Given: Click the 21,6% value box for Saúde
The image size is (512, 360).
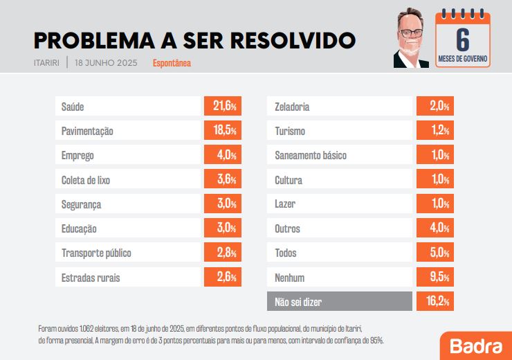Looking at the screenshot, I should coord(223,107).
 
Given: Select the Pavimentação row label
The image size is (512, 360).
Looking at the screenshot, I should coord(128,131).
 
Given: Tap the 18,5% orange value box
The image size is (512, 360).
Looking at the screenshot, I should coord(223,131).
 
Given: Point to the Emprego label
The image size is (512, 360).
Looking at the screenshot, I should coord(128,156).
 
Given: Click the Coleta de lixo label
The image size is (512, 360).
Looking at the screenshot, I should coord(128,180).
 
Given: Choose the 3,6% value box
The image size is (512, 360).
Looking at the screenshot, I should coord(223,180).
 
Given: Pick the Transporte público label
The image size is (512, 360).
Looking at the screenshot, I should coord(128,253).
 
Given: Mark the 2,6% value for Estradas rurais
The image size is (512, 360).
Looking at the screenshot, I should coord(223,278).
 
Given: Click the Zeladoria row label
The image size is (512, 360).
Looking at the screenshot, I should coord(340,107).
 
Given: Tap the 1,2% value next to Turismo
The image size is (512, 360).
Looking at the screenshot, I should coord(435,131).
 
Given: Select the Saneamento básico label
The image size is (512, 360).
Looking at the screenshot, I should coord(340,156).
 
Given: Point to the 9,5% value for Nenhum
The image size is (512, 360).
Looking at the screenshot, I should coord(435,278).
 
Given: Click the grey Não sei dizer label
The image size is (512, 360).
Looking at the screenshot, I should coord(340,302).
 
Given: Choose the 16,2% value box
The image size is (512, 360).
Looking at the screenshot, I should coord(435,302).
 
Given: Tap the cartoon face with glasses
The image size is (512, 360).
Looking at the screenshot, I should coord(412,39).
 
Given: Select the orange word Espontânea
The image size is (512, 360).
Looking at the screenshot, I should coord(172,63).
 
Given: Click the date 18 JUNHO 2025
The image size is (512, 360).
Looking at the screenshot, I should coord(106,63).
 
